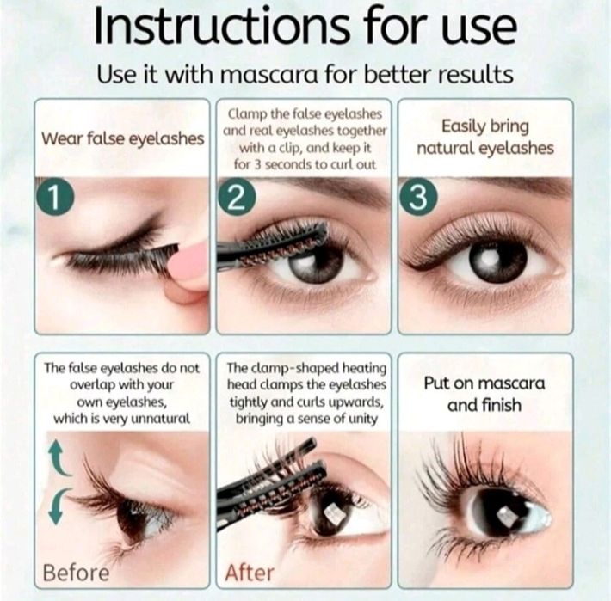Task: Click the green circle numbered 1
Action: pos(55,197)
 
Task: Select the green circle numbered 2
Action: pos(237,198)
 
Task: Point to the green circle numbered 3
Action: pos(418,198)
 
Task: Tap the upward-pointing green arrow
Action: pos(59,458)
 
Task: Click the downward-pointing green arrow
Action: pos(59,506)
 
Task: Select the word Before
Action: pos(77,573)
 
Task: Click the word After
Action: pos(250,573)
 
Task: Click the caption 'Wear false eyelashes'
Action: pos(123,139)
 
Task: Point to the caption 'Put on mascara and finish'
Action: pos(484,394)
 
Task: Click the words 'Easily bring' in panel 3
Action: pos(485,127)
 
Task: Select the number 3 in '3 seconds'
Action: pos(258,165)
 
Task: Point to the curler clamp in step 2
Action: pos(273,246)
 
